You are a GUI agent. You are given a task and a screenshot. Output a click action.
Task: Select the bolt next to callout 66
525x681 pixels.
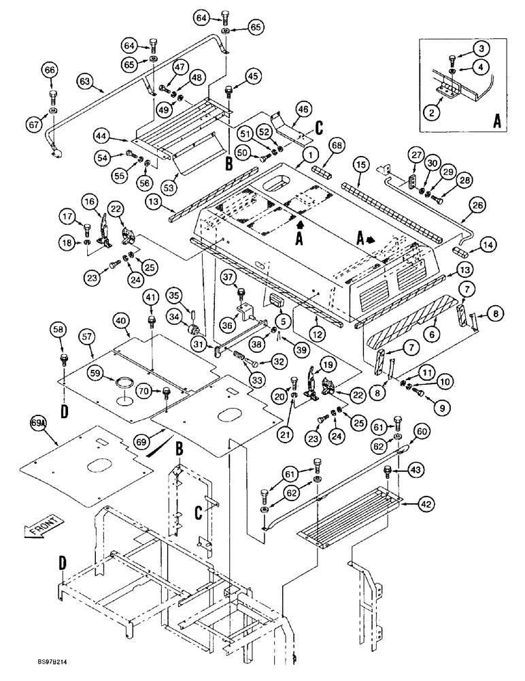pos(52,93)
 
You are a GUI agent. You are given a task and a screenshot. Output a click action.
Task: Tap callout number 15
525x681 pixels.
pos(360,165)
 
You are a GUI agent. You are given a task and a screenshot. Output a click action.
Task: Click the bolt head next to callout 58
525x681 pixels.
pos(63,357)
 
